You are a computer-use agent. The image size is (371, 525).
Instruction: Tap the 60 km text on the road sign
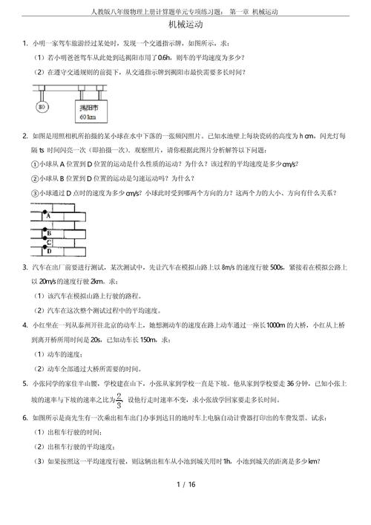point(88,117)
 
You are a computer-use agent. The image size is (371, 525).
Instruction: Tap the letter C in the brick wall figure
point(48,242)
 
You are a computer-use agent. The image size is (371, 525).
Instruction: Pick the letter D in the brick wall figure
point(48,252)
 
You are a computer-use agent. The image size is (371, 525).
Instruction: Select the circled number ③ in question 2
point(35,193)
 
